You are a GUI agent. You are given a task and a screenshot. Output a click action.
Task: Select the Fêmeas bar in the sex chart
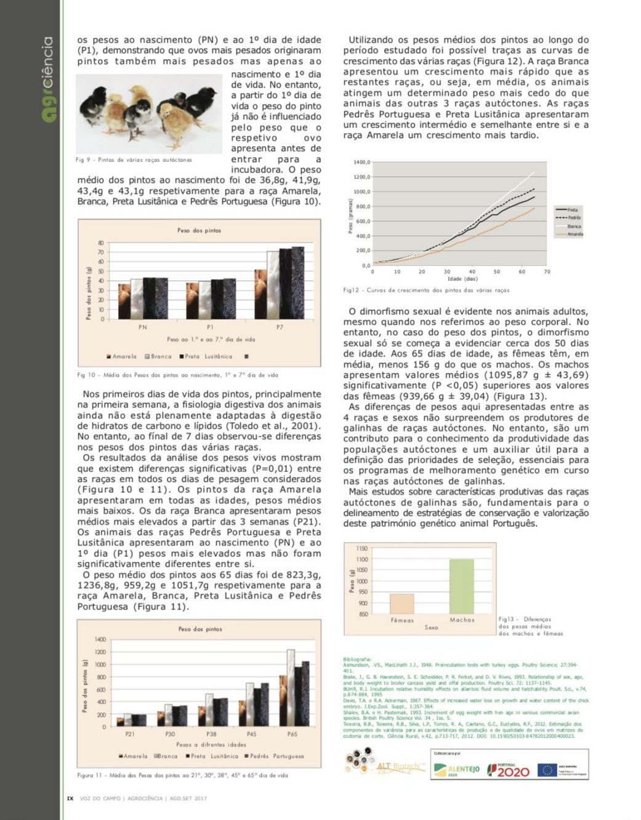click(402, 603)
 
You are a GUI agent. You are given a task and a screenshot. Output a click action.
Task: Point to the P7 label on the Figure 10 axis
click(280, 327)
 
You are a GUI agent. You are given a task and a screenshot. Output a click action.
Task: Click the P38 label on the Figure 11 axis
click(211, 734)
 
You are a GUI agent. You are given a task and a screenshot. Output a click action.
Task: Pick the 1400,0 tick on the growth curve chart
click(362, 163)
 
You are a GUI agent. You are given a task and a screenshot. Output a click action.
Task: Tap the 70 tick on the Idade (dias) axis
click(547, 272)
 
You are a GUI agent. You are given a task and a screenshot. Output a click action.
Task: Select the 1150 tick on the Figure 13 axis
click(362, 548)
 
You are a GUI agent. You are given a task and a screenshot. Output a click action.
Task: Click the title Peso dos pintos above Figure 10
click(199, 230)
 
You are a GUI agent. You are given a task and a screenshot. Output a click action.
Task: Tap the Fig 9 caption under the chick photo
click(134, 160)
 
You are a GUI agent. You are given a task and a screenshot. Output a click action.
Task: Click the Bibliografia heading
click(358, 659)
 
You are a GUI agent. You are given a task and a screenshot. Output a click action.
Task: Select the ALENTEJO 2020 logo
click(456, 769)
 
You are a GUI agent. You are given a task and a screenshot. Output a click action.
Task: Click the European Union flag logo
click(547, 770)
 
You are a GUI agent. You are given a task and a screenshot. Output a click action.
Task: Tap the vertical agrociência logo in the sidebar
click(47, 79)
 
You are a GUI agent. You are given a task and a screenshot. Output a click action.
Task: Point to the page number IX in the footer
click(70, 798)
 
